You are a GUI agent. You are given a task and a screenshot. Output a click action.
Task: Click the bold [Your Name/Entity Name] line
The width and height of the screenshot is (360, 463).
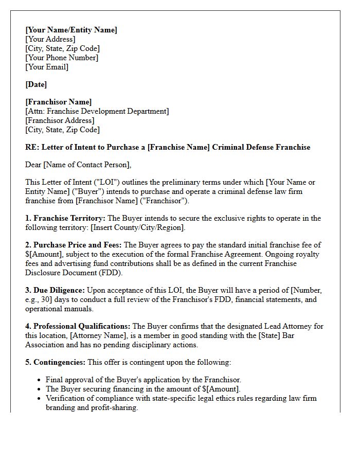click(x=71, y=30)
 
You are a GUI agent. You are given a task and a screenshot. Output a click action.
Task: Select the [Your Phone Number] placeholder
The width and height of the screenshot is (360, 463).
click(x=62, y=58)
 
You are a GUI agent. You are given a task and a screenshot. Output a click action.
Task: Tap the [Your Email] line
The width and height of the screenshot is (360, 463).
click(x=47, y=67)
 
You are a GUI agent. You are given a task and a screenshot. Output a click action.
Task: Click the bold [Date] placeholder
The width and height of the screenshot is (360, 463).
click(x=36, y=84)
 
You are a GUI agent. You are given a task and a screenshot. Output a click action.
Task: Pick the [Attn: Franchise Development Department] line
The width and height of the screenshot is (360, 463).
click(x=97, y=111)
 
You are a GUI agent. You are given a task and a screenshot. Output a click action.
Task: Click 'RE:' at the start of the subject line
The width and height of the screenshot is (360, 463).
click(x=32, y=147)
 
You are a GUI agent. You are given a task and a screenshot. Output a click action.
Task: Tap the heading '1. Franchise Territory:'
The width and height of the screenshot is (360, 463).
click(x=65, y=218)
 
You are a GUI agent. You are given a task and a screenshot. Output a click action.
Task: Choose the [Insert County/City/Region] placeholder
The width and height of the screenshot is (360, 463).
click(x=138, y=227)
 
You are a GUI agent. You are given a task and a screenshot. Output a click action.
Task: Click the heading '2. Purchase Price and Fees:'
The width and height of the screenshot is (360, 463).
click(x=74, y=245)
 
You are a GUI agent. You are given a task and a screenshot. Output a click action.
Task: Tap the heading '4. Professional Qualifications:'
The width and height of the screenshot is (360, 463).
click(x=78, y=326)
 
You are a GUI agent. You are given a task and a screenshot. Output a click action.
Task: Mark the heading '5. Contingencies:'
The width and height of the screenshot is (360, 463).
click(x=55, y=362)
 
